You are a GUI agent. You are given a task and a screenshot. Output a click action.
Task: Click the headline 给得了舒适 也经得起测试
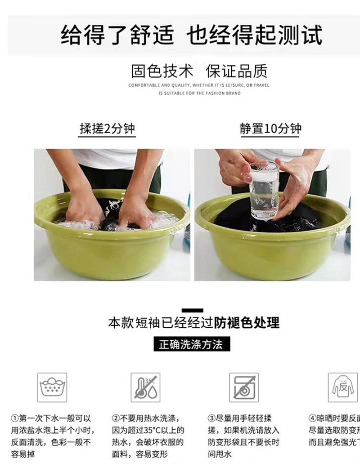(192, 36)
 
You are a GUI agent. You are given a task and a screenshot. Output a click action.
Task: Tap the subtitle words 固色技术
(162, 71)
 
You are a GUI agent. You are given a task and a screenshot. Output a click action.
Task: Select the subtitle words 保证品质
(236, 71)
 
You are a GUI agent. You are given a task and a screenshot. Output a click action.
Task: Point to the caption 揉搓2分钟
(107, 129)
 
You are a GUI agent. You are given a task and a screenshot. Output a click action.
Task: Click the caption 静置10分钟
(270, 129)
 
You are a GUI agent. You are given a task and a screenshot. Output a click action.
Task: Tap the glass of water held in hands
(265, 191)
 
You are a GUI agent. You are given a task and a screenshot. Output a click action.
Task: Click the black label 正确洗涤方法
(191, 345)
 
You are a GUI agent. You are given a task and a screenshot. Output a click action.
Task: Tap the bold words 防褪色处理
(247, 323)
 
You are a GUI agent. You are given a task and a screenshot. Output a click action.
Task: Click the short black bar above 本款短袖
(192, 310)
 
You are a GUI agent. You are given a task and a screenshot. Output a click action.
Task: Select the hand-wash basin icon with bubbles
(52, 387)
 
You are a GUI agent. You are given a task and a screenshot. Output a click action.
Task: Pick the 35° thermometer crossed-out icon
(146, 387)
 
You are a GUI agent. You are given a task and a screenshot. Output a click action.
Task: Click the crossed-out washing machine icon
(243, 387)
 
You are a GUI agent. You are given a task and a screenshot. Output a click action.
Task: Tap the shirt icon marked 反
(342, 387)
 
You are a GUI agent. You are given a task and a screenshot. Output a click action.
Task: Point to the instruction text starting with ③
(243, 436)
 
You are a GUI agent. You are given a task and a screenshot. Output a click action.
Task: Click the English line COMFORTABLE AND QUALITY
(199, 85)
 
